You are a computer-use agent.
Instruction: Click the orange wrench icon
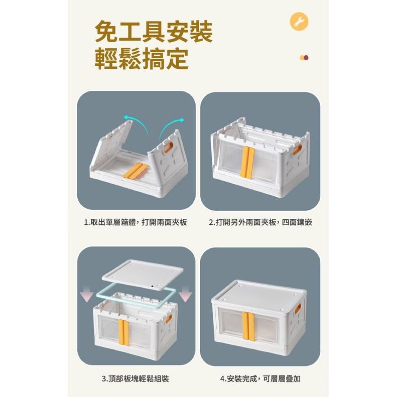(x=300, y=22)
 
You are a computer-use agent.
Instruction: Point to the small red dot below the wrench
(x=306, y=58)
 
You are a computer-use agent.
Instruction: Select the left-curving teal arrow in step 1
(x=136, y=122)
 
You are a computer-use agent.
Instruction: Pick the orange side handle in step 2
(x=299, y=150)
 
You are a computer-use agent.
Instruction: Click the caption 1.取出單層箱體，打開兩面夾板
(x=136, y=221)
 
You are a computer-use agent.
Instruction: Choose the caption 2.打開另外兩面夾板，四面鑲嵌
(x=260, y=221)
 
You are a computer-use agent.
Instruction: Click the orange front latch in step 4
(x=247, y=326)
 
